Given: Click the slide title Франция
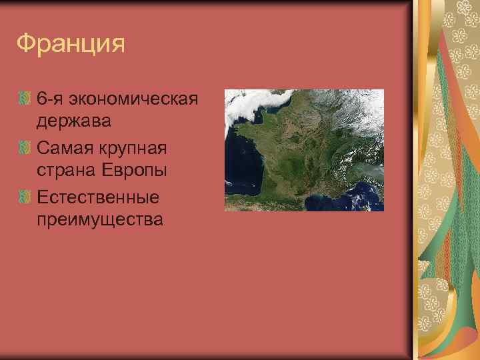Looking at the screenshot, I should click(71, 43).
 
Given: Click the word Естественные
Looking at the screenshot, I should click(98, 196).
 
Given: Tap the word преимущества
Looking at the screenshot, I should click(99, 219).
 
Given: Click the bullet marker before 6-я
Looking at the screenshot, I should click(25, 99).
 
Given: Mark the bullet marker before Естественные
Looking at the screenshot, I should click(25, 196).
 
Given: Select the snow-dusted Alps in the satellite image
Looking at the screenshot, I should click(360, 160).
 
